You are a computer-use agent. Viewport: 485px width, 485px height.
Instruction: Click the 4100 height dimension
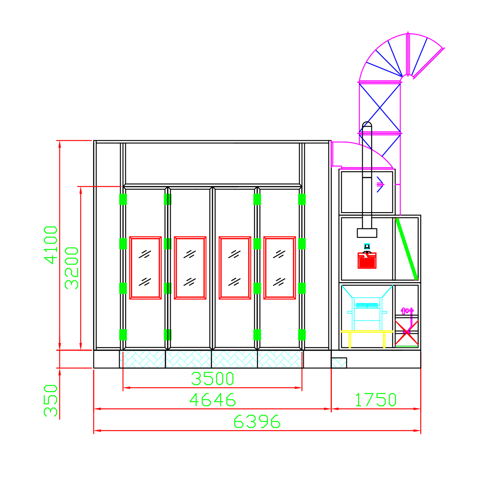pos(51,245)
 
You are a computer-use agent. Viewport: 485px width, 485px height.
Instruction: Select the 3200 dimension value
pos(71,268)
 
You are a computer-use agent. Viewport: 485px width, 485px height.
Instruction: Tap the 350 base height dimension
pos(51,400)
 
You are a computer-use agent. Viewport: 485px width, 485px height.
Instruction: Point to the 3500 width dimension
pos(212,379)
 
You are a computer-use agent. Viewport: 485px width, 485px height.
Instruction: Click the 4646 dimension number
pos(212,400)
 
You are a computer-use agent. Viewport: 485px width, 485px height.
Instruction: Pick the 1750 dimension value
pos(376,400)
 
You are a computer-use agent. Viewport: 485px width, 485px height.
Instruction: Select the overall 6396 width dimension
pos(257,422)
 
